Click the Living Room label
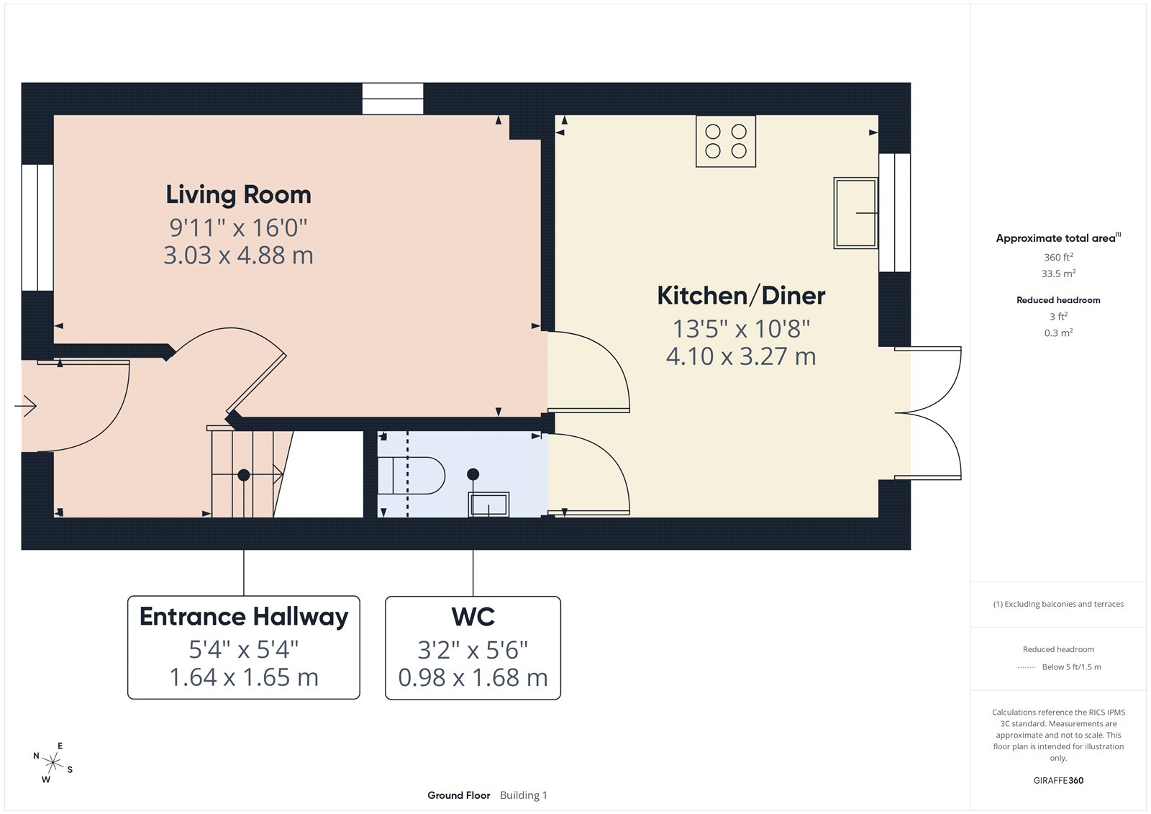click(238, 195)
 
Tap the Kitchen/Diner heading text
click(741, 296)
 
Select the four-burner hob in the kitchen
click(726, 141)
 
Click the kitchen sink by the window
click(855, 213)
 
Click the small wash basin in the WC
click(489, 505)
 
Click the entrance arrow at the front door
click(26, 406)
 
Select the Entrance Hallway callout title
click(244, 617)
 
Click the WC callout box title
click(473, 617)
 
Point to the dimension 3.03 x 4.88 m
click(238, 255)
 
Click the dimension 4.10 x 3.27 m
click(741, 356)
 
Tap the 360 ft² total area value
click(1058, 257)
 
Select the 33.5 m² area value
click(1058, 273)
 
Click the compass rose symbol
click(53, 761)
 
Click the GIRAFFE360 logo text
click(1058, 780)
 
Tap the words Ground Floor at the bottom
click(458, 795)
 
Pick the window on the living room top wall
click(393, 99)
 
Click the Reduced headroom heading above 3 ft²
click(1058, 300)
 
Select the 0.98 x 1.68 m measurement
click(473, 678)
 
